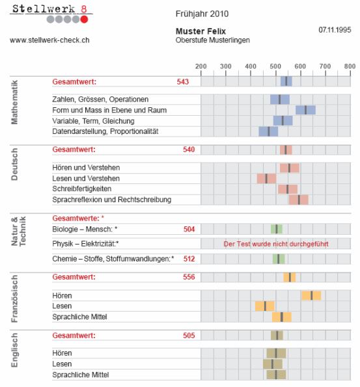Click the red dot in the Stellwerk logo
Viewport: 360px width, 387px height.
(84, 19)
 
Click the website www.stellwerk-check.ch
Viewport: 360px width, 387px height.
(49, 40)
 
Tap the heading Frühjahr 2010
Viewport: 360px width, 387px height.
(202, 14)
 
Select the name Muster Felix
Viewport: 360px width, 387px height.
(201, 31)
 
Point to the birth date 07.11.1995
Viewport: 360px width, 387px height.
(335, 30)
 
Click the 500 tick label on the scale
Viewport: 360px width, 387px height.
(275, 66)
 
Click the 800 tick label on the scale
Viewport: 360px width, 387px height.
(350, 66)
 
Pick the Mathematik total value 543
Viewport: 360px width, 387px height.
(182, 82)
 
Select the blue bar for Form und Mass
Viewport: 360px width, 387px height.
(305, 110)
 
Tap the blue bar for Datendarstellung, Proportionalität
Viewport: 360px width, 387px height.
(268, 131)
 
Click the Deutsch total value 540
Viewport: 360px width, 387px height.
(189, 150)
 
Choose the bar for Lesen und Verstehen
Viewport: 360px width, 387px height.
(266, 178)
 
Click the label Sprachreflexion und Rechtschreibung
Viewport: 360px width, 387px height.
(112, 200)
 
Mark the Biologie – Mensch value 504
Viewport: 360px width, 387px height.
(189, 230)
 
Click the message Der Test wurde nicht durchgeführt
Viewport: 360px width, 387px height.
(276, 244)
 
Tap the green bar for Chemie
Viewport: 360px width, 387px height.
(279, 259)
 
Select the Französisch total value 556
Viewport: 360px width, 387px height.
(189, 277)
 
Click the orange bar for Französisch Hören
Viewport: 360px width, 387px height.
(311, 295)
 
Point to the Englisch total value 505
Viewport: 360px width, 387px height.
(189, 336)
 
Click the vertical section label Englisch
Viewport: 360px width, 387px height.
(14, 350)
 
